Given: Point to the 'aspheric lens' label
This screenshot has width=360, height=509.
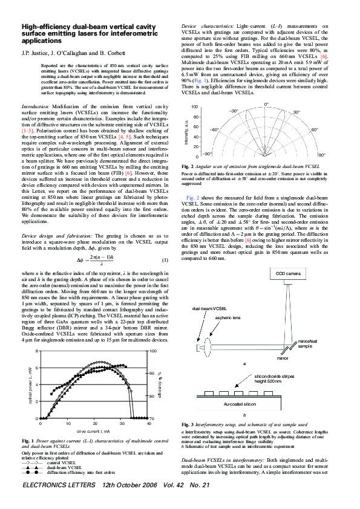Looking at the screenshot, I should click(x=210, y=317).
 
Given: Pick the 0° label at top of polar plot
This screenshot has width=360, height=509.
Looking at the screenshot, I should click(x=266, y=105).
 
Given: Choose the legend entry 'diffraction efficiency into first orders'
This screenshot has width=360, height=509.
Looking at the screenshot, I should click(x=80, y=472).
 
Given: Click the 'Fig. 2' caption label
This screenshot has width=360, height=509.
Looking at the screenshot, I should click(x=188, y=166).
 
